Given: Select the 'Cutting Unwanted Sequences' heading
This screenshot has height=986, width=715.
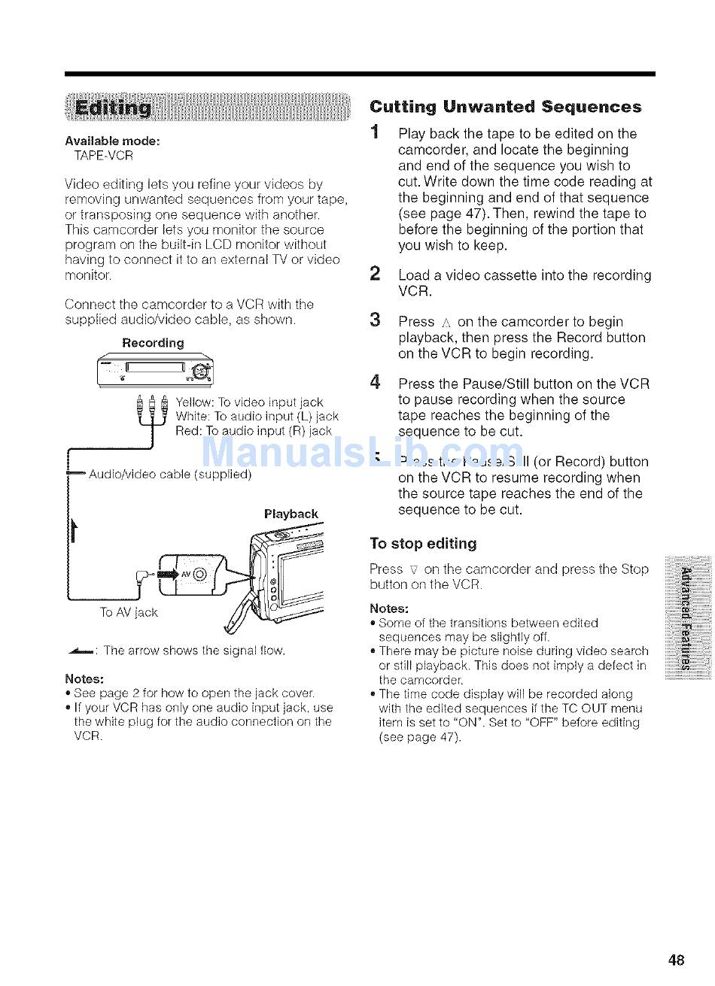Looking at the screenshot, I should pyautogui.click(x=506, y=107).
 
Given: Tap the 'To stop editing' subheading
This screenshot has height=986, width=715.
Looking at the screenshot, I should pyautogui.click(x=423, y=543).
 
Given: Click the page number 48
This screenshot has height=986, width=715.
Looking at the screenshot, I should pyautogui.click(x=675, y=959).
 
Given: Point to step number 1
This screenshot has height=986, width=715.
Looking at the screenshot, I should pyautogui.click(x=375, y=133).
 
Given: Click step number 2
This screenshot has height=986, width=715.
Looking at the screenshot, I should pyautogui.click(x=375, y=275).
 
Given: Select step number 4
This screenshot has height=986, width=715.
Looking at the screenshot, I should pyautogui.click(x=375, y=383).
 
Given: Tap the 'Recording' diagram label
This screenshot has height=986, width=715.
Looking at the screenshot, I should pyautogui.click(x=153, y=343).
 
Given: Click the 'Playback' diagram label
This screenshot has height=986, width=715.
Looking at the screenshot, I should pyautogui.click(x=291, y=514).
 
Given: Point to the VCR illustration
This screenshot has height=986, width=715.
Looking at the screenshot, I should pyautogui.click(x=156, y=371).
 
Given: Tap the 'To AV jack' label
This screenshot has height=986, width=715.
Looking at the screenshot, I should pyautogui.click(x=129, y=612).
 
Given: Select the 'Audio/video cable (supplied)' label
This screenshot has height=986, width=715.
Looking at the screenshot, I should pyautogui.click(x=169, y=475).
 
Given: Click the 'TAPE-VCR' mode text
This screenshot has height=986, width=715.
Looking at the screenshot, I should pyautogui.click(x=103, y=156).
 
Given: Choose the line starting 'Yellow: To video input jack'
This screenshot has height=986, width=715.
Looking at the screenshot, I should pyautogui.click(x=248, y=402).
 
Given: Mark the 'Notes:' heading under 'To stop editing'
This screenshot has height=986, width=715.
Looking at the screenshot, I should pyautogui.click(x=389, y=608).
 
